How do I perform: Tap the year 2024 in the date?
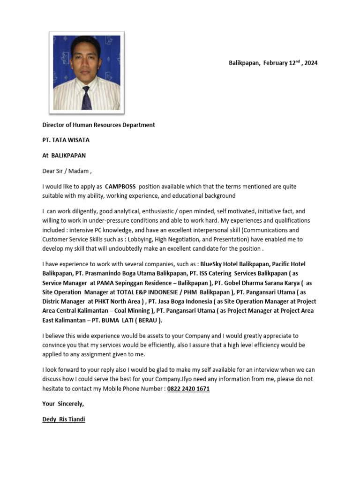[x=311, y=63]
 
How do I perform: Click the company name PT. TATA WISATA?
[x=66, y=140]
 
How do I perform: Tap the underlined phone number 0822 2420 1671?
[x=188, y=389]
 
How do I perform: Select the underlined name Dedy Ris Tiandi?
[x=64, y=420]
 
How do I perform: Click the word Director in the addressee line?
[x=54, y=125]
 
